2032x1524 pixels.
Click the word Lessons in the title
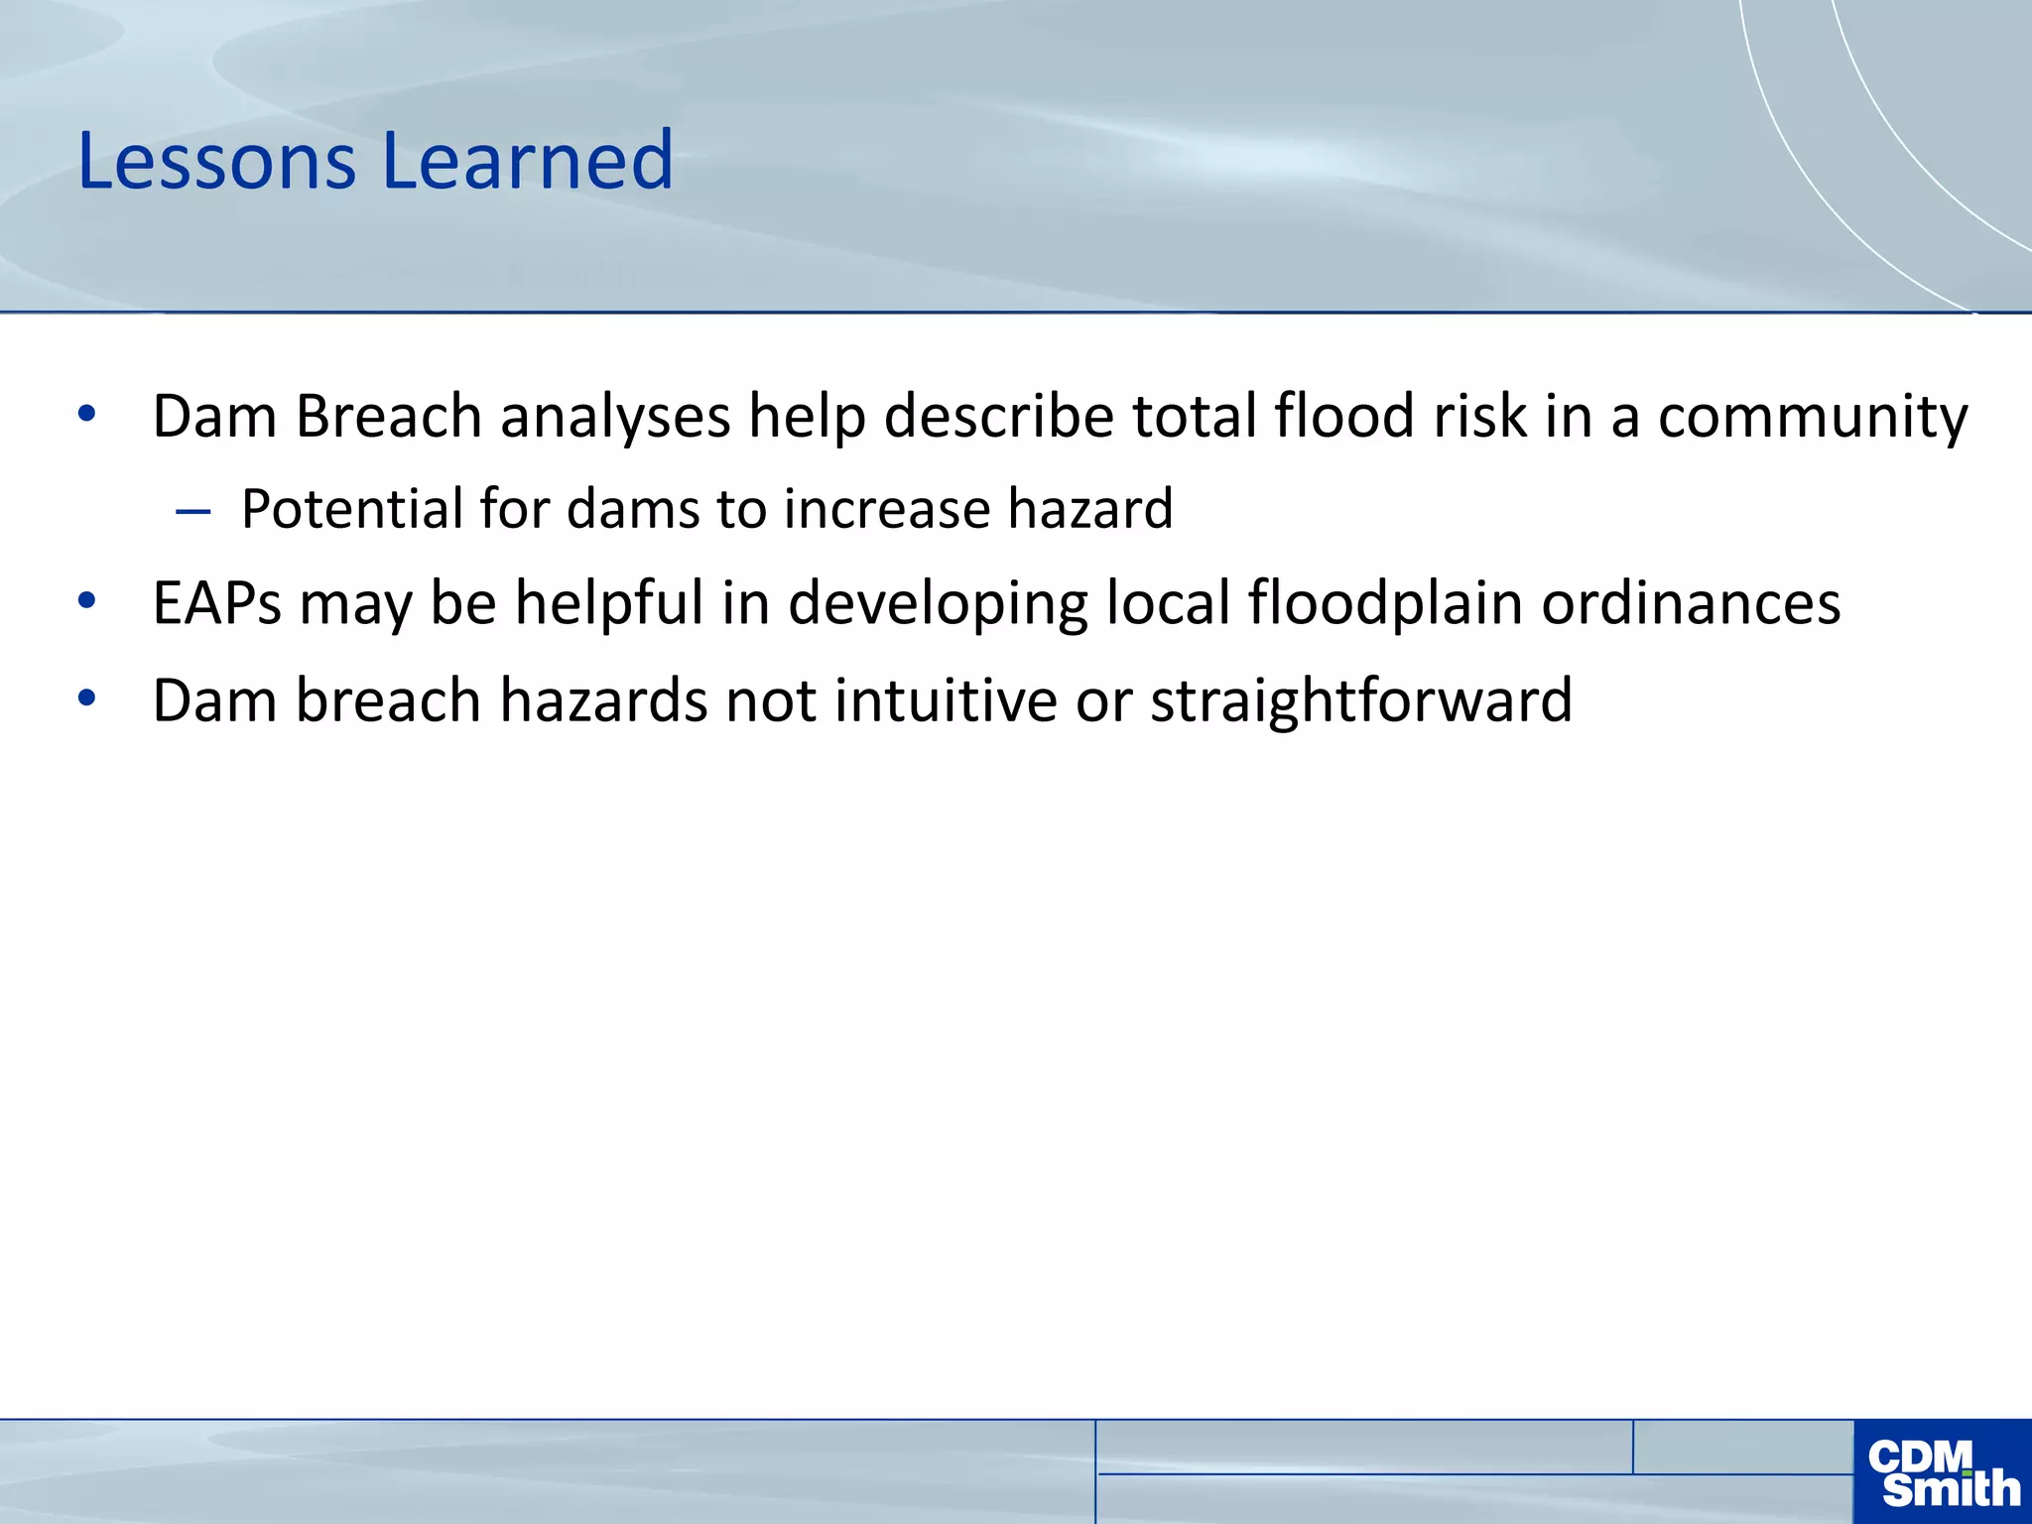(216, 161)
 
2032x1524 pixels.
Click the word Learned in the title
(527, 161)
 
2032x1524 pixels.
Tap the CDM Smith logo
(1943, 1472)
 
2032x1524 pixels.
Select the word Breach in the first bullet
(389, 417)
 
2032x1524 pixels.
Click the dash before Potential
(192, 512)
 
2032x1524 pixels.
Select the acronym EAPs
(217, 604)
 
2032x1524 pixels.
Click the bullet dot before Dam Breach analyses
(87, 414)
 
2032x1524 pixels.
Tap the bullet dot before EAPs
(87, 600)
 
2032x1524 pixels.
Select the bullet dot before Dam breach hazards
(87, 698)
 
